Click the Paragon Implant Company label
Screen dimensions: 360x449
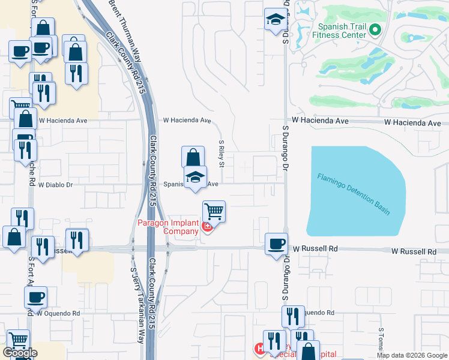[x=169, y=227]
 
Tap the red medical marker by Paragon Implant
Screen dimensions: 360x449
[x=207, y=226]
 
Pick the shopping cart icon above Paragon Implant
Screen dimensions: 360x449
[x=214, y=211]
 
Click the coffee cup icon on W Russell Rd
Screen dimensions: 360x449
[x=276, y=244]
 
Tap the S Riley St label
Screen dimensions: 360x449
[x=221, y=154]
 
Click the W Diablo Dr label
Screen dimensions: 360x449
[x=55, y=185]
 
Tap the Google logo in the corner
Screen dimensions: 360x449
[x=20, y=353]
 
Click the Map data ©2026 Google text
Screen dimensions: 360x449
[x=412, y=355]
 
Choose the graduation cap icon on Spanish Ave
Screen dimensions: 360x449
[x=195, y=177]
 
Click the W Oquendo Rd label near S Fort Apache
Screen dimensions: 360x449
[x=58, y=313]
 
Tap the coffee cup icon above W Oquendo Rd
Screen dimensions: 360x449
[x=35, y=296]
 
